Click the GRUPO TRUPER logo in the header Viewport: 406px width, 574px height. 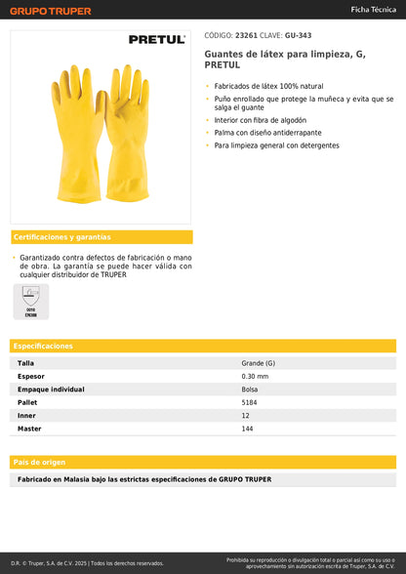pyautogui.click(x=51, y=11)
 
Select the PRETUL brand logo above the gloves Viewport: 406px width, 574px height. pyautogui.click(x=156, y=40)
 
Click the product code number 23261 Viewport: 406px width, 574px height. pyautogui.click(x=246, y=34)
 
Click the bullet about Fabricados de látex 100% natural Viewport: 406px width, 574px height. pyautogui.click(x=264, y=87)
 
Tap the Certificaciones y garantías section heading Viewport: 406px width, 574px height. pyautogui.click(x=62, y=237)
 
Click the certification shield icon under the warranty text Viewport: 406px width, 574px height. pyautogui.click(x=31, y=297)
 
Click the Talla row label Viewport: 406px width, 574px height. pyautogui.click(x=26, y=363)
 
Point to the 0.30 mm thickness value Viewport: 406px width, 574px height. pyautogui.click(x=255, y=376)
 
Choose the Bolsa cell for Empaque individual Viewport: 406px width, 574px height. pyautogui.click(x=250, y=389)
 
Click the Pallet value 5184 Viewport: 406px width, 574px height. pyautogui.click(x=250, y=402)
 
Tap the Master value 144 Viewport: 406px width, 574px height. pyautogui.click(x=248, y=429)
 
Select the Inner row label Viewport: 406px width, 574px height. pyautogui.click(x=27, y=416)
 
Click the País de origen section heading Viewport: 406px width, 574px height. pyautogui.click(x=40, y=462)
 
